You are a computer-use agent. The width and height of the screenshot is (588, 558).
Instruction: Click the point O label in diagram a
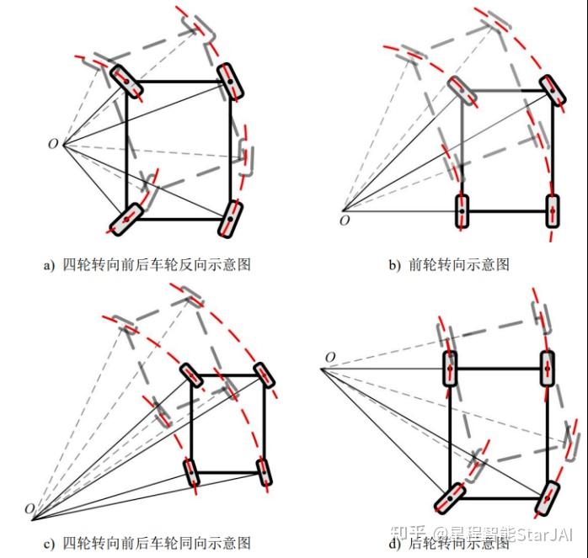click(x=53, y=144)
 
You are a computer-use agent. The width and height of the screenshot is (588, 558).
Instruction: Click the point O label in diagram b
click(x=344, y=221)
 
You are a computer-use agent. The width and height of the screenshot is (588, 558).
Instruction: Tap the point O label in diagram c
click(x=29, y=509)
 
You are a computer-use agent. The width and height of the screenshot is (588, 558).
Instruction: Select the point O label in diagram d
click(x=330, y=359)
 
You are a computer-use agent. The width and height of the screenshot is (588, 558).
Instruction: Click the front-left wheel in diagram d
click(x=450, y=369)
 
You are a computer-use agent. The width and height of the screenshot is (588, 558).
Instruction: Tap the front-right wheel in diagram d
click(x=548, y=369)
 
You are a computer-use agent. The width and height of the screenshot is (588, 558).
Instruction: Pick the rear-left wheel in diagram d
click(x=450, y=498)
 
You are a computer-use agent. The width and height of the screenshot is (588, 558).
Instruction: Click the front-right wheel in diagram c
click(x=264, y=375)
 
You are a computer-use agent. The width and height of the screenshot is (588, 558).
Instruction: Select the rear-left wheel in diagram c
click(x=192, y=473)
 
